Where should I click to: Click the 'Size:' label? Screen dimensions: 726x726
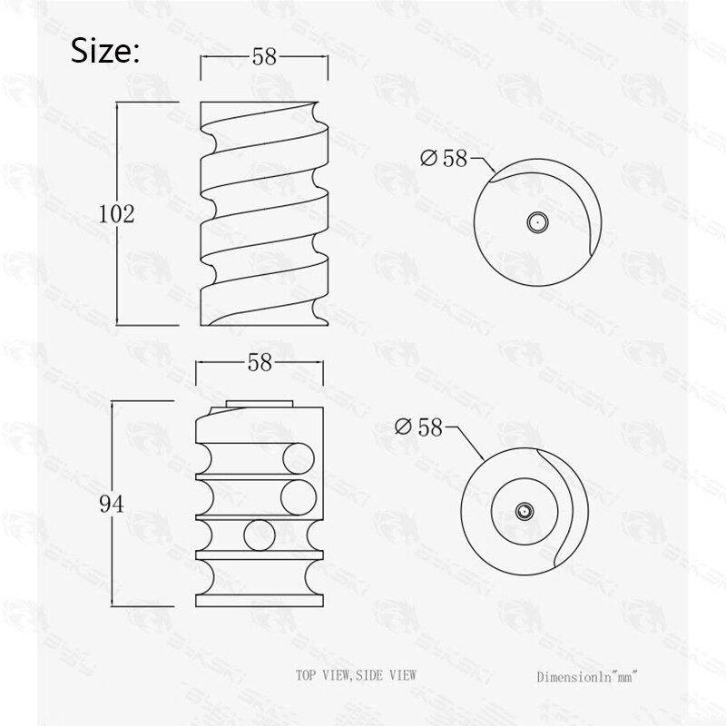click(105, 51)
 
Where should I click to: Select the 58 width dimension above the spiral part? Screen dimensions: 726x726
click(264, 57)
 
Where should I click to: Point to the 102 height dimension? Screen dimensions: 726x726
click(116, 214)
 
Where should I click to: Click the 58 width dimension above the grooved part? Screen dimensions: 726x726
click(260, 363)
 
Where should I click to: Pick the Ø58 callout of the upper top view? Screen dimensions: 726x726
click(444, 158)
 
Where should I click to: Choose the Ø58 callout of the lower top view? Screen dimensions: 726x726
click(418, 427)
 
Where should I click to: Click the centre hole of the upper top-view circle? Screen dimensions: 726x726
click(536, 221)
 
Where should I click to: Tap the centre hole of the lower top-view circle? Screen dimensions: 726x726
click(524, 513)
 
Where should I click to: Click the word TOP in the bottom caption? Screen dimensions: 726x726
click(309, 675)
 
